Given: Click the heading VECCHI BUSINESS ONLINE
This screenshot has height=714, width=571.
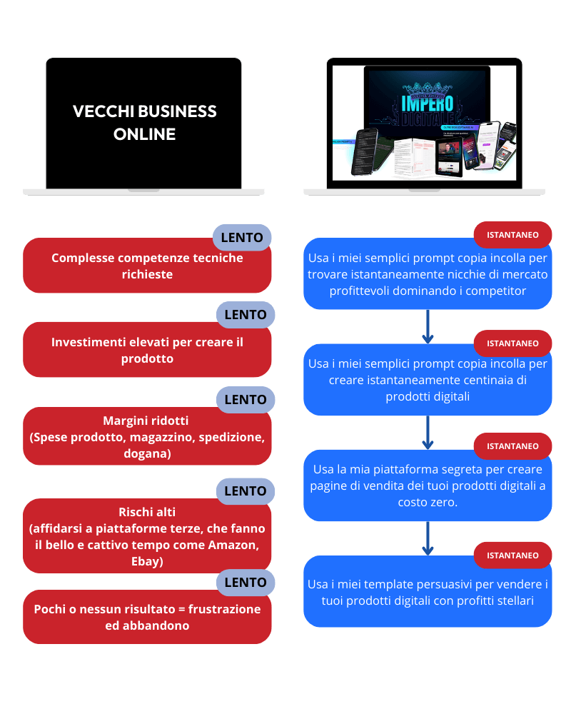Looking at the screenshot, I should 145,123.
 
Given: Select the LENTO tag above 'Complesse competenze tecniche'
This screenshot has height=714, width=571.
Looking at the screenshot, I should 242,238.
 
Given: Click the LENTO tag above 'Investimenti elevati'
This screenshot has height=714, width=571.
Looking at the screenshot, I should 245,314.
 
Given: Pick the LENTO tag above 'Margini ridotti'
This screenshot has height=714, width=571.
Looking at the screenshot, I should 245,400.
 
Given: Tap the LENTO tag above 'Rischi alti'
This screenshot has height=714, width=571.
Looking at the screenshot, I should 245,491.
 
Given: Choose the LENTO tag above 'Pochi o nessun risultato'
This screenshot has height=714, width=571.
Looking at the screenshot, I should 245,582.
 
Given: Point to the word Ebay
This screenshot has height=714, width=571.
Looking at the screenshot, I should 147,562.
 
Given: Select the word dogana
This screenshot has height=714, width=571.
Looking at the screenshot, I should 147,454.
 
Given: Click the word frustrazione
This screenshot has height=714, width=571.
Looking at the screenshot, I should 225,609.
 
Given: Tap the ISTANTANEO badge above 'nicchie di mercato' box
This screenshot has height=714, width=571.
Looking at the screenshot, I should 512,234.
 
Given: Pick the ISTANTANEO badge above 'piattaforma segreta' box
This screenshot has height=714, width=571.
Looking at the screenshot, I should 512,446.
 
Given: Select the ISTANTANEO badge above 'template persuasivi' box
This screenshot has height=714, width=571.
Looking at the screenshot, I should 512,555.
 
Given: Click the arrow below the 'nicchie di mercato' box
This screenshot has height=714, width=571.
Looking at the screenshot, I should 428,327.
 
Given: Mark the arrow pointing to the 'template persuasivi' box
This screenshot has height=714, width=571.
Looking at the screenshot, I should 428,539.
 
